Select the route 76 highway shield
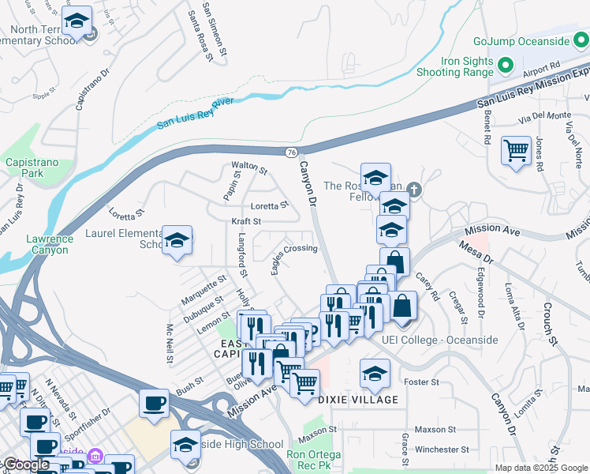291,151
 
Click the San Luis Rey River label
195,113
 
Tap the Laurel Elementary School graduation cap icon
177,242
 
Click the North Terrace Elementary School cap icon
77,23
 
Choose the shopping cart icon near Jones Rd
517,149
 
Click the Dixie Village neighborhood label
358,400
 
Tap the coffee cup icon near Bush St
154,404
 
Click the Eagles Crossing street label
294,258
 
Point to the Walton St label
249,168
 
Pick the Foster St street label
421,382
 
